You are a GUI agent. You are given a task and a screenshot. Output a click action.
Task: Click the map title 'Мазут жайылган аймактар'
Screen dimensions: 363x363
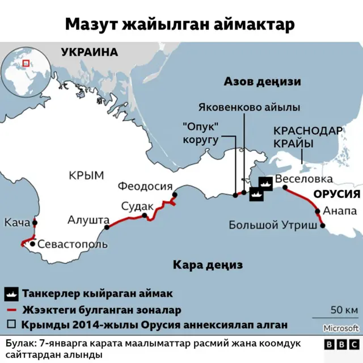(180, 24)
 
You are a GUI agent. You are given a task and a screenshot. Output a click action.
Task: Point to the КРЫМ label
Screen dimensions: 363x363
(86, 175)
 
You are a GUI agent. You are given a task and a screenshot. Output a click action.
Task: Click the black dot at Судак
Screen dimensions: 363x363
(145, 215)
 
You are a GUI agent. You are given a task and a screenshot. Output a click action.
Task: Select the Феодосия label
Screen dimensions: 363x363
(145, 186)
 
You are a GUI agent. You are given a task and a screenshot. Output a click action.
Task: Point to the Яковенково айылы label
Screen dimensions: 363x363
(250, 107)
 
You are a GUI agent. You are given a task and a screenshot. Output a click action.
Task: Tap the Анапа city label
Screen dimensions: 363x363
(339, 211)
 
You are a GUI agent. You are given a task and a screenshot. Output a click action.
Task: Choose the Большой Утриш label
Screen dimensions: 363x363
(273, 225)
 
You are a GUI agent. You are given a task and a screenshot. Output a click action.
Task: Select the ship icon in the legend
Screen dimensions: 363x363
(12, 294)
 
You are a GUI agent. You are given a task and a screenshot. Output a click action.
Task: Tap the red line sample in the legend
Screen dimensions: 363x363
(12, 310)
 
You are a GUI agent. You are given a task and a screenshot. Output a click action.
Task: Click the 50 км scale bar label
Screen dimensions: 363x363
(344, 310)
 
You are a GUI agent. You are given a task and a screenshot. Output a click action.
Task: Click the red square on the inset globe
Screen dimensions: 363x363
(26, 64)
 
